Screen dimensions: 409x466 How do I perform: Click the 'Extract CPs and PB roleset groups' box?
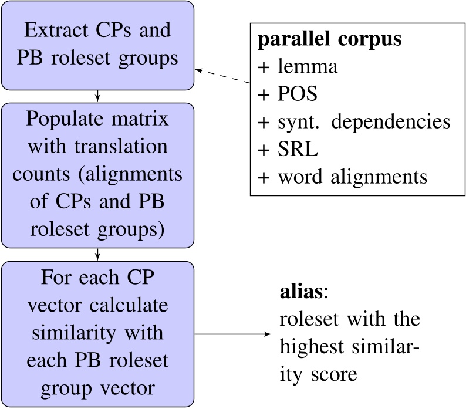click(x=97, y=45)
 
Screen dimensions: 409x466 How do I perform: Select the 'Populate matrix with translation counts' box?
click(x=97, y=175)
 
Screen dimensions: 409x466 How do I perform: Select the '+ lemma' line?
click(x=298, y=67)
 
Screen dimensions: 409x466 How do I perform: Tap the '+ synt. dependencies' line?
click(x=354, y=121)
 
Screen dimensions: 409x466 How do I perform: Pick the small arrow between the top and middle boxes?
click(x=97, y=96)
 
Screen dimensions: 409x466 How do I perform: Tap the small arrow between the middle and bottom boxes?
click(x=97, y=255)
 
